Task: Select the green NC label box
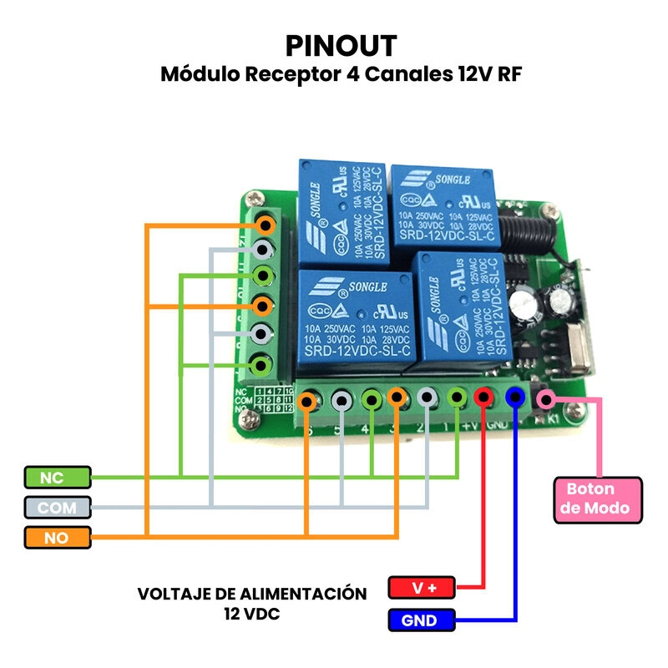pos(57,477)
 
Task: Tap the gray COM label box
pos(57,508)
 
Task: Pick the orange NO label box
pos(57,538)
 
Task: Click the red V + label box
pos(423,588)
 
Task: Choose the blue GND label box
pos(423,620)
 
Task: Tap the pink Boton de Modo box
pos(598,499)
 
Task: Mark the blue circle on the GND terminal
pos(515,399)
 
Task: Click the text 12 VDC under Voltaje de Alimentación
pos(251,614)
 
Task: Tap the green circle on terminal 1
pos(457,399)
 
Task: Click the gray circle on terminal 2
pos(427,399)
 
